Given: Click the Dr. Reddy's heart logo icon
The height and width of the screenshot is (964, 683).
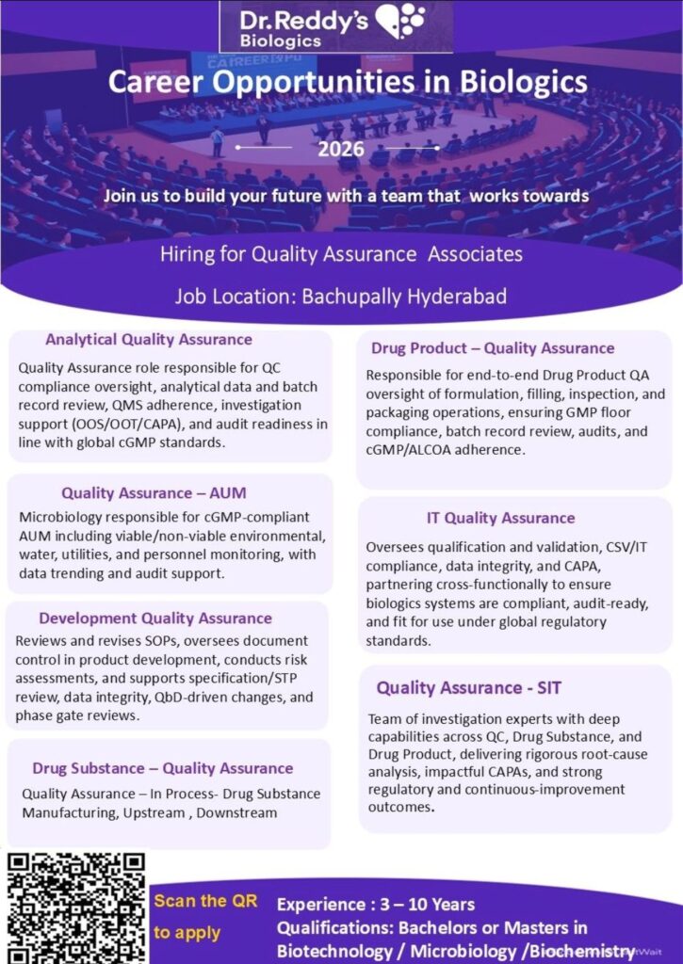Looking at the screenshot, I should [x=400, y=20].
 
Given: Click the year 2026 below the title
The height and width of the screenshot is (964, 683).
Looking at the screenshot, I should [x=336, y=149].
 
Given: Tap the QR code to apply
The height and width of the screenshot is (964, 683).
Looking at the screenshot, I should [x=76, y=907].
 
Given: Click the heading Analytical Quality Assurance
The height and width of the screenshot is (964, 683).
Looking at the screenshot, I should [x=149, y=339].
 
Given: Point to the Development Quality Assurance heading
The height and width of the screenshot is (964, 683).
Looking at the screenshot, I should [x=155, y=619].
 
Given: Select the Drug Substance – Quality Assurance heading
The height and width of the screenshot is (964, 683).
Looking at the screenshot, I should [x=162, y=768].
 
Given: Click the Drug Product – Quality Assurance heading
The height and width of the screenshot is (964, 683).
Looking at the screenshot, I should [x=492, y=348].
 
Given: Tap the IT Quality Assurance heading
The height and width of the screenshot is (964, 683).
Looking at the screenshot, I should [x=500, y=518].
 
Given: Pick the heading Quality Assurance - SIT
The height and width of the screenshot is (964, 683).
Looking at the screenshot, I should [x=469, y=687].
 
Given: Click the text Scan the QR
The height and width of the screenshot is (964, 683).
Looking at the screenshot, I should [x=205, y=901].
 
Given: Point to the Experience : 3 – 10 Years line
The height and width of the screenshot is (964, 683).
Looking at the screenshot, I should [x=376, y=905].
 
